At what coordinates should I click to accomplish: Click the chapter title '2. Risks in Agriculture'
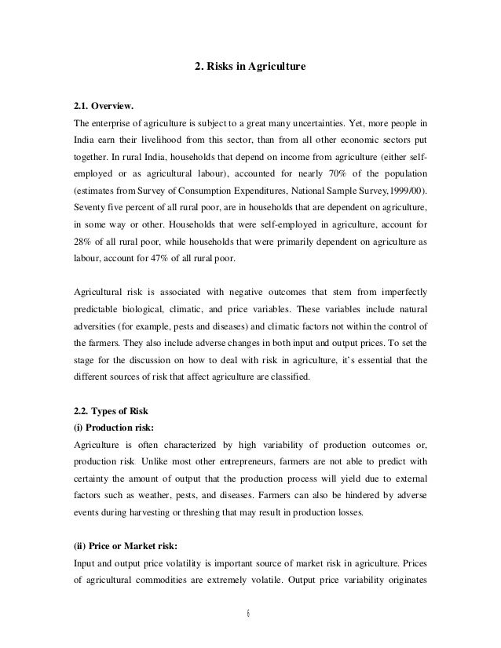click(x=250, y=68)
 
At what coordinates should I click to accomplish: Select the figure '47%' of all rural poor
click(x=177, y=260)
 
